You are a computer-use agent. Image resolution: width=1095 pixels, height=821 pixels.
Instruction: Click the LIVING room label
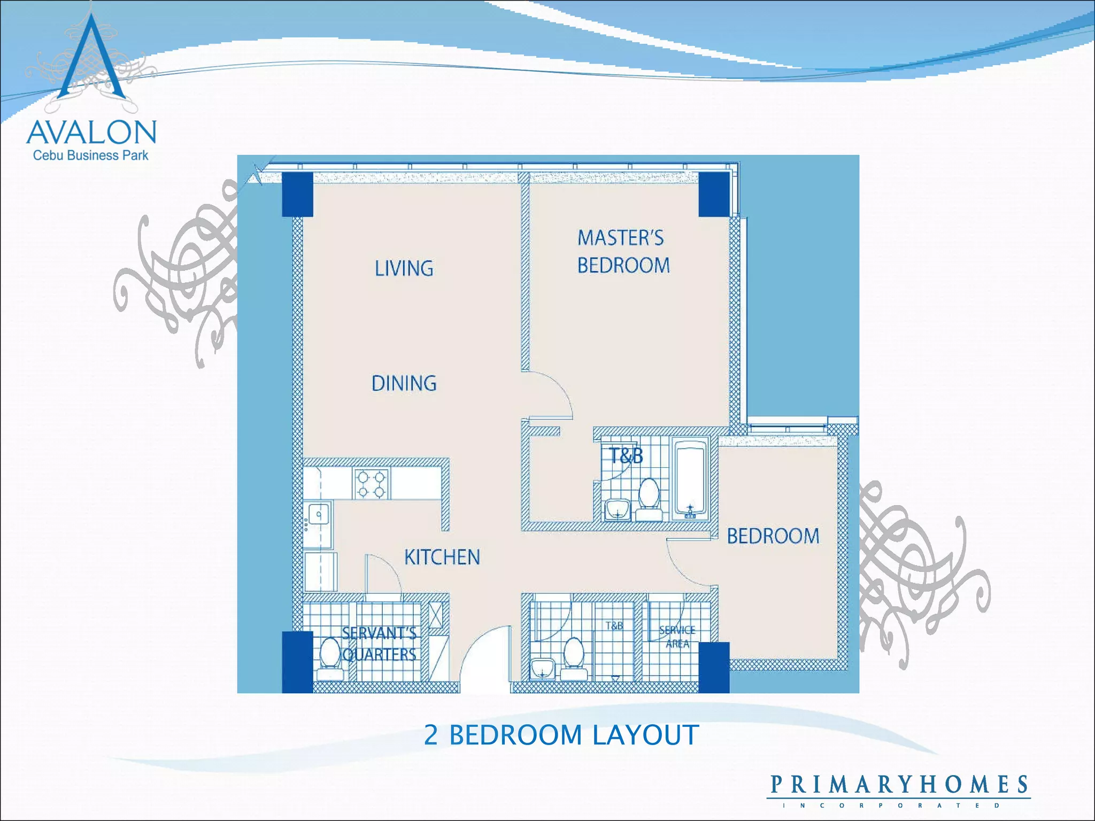coord(404,268)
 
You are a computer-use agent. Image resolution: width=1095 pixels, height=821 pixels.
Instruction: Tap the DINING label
coord(404,383)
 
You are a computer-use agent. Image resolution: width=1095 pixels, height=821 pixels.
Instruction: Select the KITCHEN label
coord(442,557)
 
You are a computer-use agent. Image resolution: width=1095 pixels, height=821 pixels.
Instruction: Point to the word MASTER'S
coord(620,238)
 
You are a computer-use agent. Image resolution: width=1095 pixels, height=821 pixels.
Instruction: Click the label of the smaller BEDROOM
coord(773,536)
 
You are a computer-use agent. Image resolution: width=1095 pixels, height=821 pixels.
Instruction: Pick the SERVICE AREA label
coord(677,637)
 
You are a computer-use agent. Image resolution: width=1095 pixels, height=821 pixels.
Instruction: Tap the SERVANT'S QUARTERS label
coord(379,644)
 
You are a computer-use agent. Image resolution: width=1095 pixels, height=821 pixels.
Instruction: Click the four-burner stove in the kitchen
coord(371,484)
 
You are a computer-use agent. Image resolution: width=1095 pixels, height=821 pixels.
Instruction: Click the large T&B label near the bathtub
coord(626,456)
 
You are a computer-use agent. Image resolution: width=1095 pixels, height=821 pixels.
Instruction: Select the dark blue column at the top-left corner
coord(297,194)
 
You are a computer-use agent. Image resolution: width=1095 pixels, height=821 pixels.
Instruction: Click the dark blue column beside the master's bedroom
coord(714,194)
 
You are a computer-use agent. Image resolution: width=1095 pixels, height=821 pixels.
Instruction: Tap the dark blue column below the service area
coord(714,667)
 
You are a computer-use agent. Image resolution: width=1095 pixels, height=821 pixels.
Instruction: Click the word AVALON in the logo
coord(91,132)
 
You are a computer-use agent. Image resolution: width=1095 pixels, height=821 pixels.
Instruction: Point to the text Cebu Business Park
coord(90,156)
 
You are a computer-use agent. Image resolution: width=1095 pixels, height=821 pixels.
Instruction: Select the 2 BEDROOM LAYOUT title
coord(561,735)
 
